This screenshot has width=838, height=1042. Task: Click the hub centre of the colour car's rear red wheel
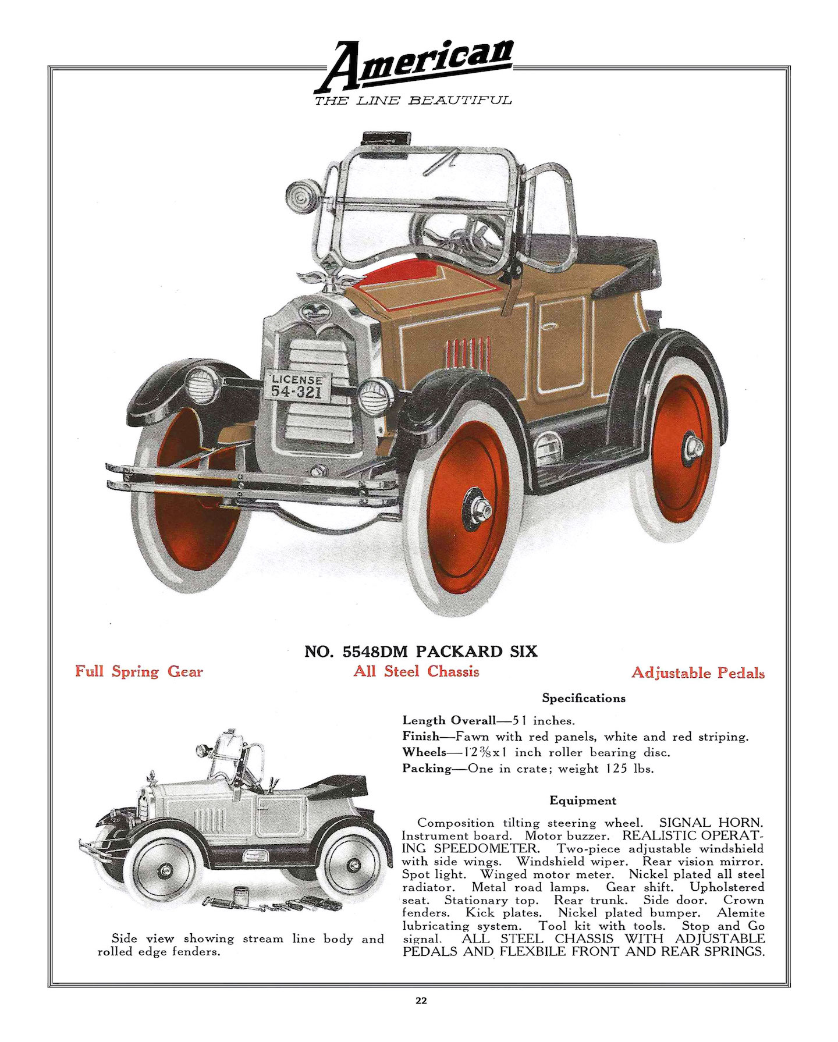point(694,446)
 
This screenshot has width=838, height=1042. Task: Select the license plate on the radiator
point(297,386)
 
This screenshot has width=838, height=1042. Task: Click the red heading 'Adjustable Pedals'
point(698,673)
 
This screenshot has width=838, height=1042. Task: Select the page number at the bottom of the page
point(421,1001)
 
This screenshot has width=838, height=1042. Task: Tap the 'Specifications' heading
point(584,698)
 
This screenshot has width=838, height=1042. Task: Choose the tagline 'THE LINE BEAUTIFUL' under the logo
point(413,101)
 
